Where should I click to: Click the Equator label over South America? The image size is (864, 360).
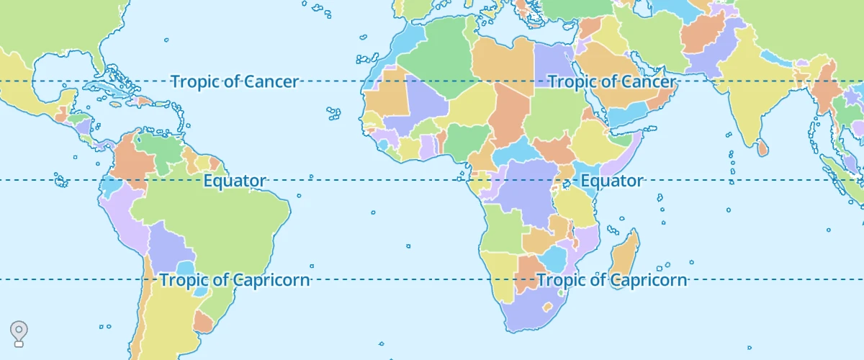click(x=235, y=181)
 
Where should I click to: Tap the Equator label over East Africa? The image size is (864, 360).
click(x=612, y=181)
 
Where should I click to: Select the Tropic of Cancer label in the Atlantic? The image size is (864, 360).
click(x=234, y=81)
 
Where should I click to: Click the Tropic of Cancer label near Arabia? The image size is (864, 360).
click(x=612, y=81)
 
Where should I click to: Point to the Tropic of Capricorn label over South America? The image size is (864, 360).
click(x=235, y=280)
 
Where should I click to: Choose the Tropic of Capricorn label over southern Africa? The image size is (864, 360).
click(x=612, y=280)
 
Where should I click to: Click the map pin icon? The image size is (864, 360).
click(x=19, y=333)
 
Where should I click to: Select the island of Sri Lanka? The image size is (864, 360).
click(x=762, y=148)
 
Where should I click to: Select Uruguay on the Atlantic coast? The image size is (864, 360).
click(x=203, y=321)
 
